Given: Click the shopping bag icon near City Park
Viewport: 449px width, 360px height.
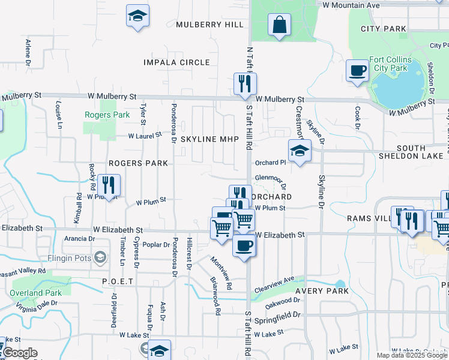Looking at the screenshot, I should tap(280, 25).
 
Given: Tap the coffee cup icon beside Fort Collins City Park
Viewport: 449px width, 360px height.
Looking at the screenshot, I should tap(358, 71).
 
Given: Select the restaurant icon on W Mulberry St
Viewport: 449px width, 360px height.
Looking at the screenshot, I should tap(245, 84).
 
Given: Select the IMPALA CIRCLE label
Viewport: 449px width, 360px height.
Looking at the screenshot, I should tap(176, 62).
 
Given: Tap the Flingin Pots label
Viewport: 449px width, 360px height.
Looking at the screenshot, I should tap(69, 259).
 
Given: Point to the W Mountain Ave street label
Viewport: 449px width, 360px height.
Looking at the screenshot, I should tap(351, 5).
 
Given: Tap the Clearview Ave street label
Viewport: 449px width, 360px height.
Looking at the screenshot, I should tap(274, 280).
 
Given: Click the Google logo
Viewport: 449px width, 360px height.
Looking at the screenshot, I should tap(20, 353).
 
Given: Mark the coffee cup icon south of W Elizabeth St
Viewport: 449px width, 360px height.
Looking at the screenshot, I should tap(244, 246).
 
